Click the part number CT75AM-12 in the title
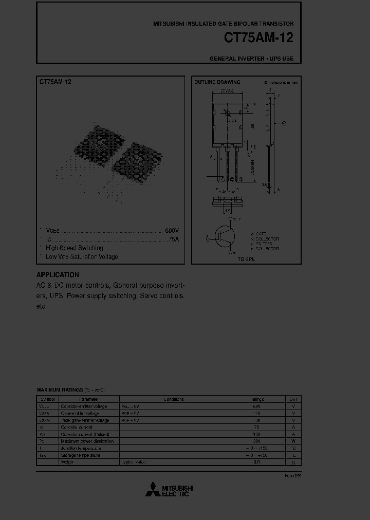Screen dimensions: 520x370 pyautogui.click(x=259, y=39)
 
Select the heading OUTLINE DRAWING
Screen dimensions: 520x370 pyautogui.click(x=217, y=82)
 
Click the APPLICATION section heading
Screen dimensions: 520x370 pyautogui.click(x=58, y=275)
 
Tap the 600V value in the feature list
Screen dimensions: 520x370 pyautogui.click(x=172, y=231)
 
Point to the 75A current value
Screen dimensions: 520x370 pyautogui.click(x=173, y=239)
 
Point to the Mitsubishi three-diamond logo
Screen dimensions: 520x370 pyautogui.click(x=153, y=490)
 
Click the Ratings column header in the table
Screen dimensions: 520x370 pyautogui.click(x=257, y=399)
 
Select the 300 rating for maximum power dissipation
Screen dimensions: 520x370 pyautogui.click(x=257, y=441)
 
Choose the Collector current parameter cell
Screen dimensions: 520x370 pyautogui.click(x=78, y=427)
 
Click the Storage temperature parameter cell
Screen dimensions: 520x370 pyautogui.click(x=80, y=455)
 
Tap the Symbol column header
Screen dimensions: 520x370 pyautogui.click(x=48, y=399)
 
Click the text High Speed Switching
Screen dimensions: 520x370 pyautogui.click(x=75, y=248)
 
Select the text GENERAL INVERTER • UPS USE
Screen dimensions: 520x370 pyautogui.click(x=251, y=59)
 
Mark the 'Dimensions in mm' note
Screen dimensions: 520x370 pyautogui.click(x=281, y=82)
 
